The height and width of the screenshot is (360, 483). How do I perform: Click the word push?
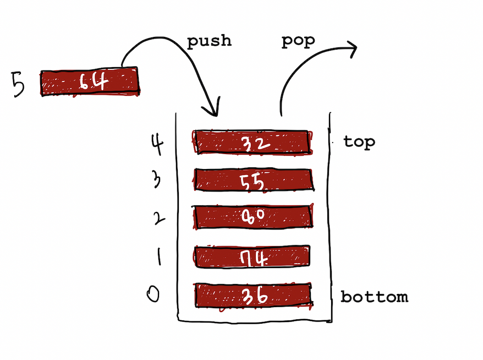(209, 41)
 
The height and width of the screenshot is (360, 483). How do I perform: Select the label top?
(359, 141)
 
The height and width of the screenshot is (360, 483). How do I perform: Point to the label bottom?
(375, 297)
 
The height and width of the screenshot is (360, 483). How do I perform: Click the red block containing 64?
(89, 82)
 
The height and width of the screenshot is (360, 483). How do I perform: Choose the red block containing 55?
(253, 179)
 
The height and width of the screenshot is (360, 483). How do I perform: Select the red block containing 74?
(253, 256)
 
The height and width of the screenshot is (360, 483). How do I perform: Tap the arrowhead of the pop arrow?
(351, 48)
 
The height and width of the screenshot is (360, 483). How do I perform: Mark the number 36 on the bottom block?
(254, 296)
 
